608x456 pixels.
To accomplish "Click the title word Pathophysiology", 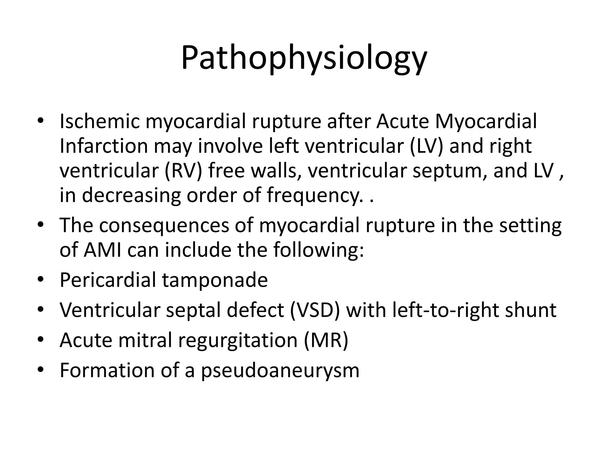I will tap(304, 58).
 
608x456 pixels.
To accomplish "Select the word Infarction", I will tap(104, 146).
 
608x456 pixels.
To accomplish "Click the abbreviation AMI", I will tap(102, 250).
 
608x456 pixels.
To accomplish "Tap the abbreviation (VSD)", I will tap(315, 310).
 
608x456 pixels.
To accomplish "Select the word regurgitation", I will tap(237, 341).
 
